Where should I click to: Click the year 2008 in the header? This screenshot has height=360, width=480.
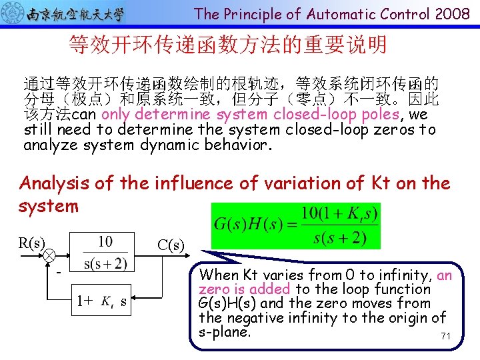point(453,13)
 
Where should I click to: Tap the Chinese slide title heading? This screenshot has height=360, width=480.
point(227,45)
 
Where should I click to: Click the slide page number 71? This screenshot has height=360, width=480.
point(445,336)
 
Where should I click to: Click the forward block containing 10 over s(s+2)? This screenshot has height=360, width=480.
point(105,253)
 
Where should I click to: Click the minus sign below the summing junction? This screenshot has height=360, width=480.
point(58,272)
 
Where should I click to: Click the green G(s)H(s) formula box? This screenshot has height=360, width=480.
point(295,225)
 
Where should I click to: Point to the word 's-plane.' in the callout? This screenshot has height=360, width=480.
point(225,332)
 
